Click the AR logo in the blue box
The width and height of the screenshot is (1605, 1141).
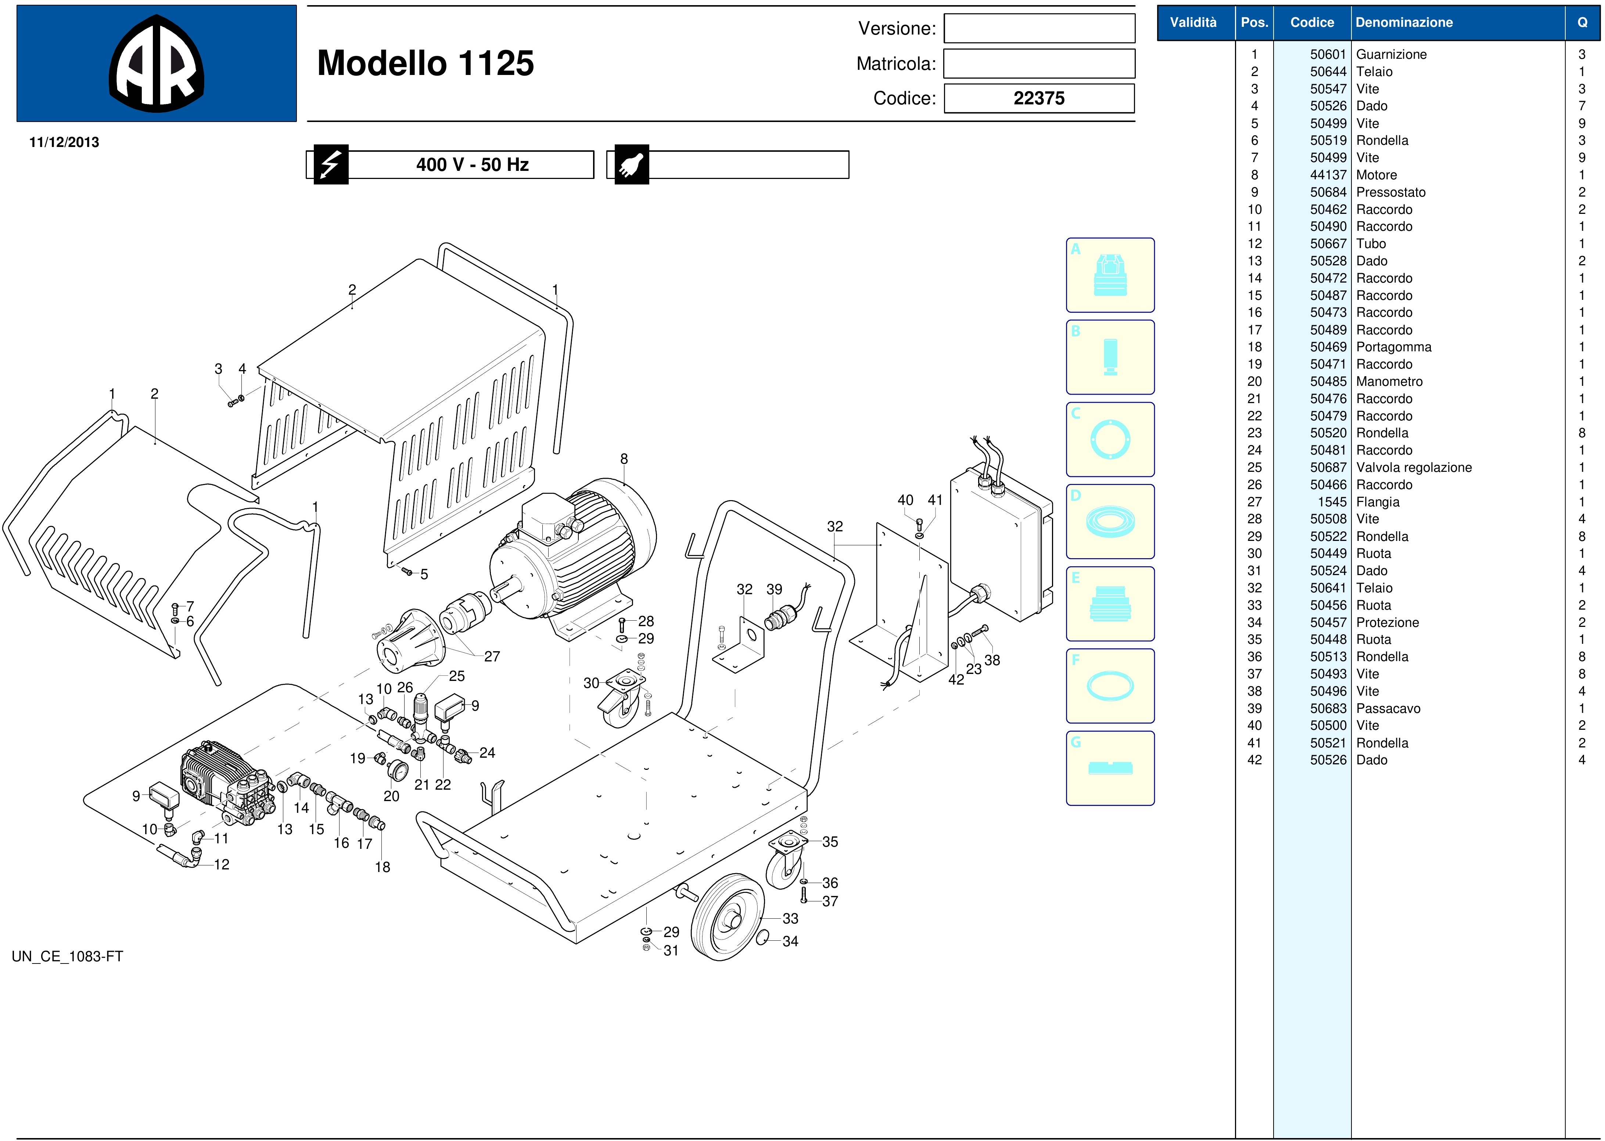pos(157,63)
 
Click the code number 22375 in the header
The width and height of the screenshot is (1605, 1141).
pos(1039,98)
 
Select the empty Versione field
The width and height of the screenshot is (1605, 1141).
pos(1039,29)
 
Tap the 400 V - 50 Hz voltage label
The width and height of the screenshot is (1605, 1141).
pos(472,164)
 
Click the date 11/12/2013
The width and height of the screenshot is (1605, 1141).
pos(64,142)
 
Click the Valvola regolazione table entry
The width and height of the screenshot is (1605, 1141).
pos(1413,467)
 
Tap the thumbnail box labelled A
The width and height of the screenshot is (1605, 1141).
pos(1110,275)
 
